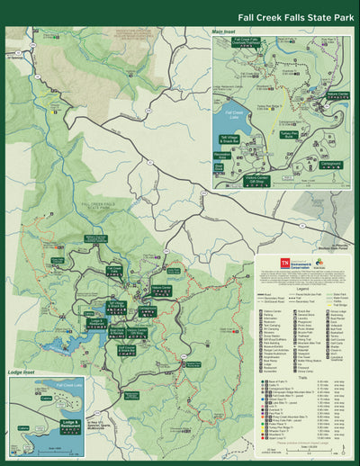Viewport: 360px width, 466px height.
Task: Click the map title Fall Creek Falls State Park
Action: click(294, 16)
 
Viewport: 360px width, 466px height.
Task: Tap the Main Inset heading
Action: click(229, 31)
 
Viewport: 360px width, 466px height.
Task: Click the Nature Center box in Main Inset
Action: click(337, 94)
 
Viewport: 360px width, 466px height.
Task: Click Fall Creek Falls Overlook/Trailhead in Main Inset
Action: click(247, 41)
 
